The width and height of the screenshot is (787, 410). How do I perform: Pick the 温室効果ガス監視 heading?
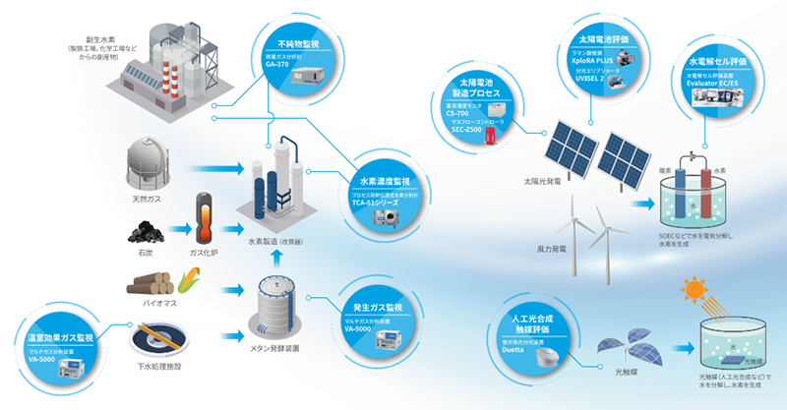click(x=54, y=338)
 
